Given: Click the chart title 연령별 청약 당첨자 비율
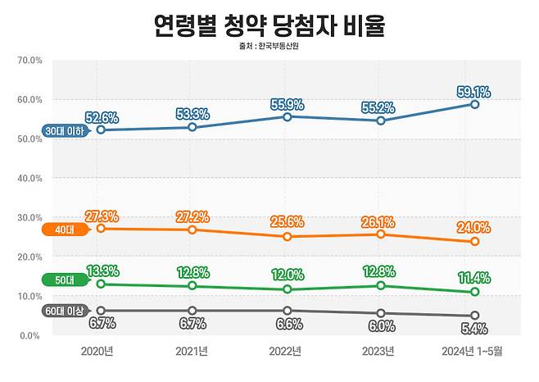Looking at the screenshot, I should (269, 25).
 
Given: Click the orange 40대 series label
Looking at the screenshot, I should (66, 230).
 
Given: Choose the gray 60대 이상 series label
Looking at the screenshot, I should (66, 311).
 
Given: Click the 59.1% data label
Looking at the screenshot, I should (473, 90).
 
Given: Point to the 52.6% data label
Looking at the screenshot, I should (102, 116).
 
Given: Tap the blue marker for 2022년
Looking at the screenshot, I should (285, 117).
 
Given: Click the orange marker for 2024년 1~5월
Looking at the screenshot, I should (474, 242).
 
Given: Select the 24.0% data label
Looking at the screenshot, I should (473, 228).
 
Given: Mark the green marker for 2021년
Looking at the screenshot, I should (192, 286).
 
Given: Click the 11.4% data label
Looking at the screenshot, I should (473, 277).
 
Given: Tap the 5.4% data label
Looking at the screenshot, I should (473, 329).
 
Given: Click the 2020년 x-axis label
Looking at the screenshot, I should (98, 351).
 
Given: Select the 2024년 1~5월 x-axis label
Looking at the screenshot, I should (473, 351).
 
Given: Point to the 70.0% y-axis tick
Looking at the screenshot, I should (29, 61).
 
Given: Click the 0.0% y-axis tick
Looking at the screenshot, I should (31, 335).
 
